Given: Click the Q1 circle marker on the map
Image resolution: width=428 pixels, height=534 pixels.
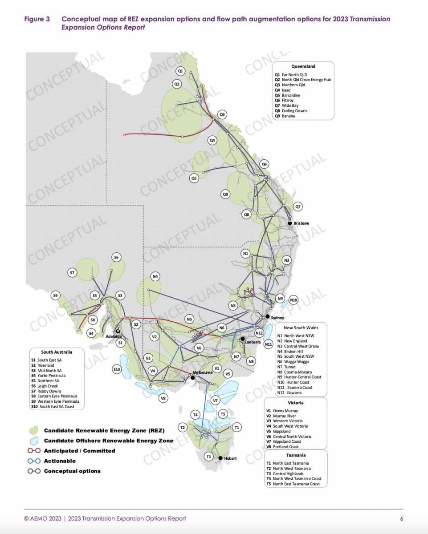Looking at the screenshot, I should coord(180,70).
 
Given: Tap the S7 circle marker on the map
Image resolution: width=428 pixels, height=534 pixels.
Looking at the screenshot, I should coord(72,272).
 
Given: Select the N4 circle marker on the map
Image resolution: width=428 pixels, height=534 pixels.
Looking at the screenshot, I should coord(155,276).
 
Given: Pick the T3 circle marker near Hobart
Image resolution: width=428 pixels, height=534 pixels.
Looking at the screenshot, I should coord(208,457).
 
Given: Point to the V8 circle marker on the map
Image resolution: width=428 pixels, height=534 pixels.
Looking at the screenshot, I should coord(164,398).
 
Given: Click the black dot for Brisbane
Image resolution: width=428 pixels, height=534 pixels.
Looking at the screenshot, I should coord(289,223).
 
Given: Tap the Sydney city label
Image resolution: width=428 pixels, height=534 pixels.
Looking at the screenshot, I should coord(277,318).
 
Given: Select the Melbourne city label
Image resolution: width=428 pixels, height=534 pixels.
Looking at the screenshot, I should coord(202,372).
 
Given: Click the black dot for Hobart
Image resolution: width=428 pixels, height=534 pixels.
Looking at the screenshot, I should coord(220,458).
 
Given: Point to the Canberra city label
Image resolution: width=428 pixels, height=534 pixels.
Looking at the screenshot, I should coord(252,342).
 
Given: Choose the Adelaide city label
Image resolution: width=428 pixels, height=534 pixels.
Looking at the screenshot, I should coord(114,336).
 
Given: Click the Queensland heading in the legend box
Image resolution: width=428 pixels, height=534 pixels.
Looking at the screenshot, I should coord(303,66).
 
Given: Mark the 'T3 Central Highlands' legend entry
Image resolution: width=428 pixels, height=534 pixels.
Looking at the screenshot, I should coord(289,473).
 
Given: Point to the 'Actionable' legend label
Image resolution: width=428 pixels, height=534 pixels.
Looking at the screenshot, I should coord(60,461).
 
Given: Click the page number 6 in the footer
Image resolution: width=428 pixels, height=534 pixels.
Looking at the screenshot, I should coord(401,518).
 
